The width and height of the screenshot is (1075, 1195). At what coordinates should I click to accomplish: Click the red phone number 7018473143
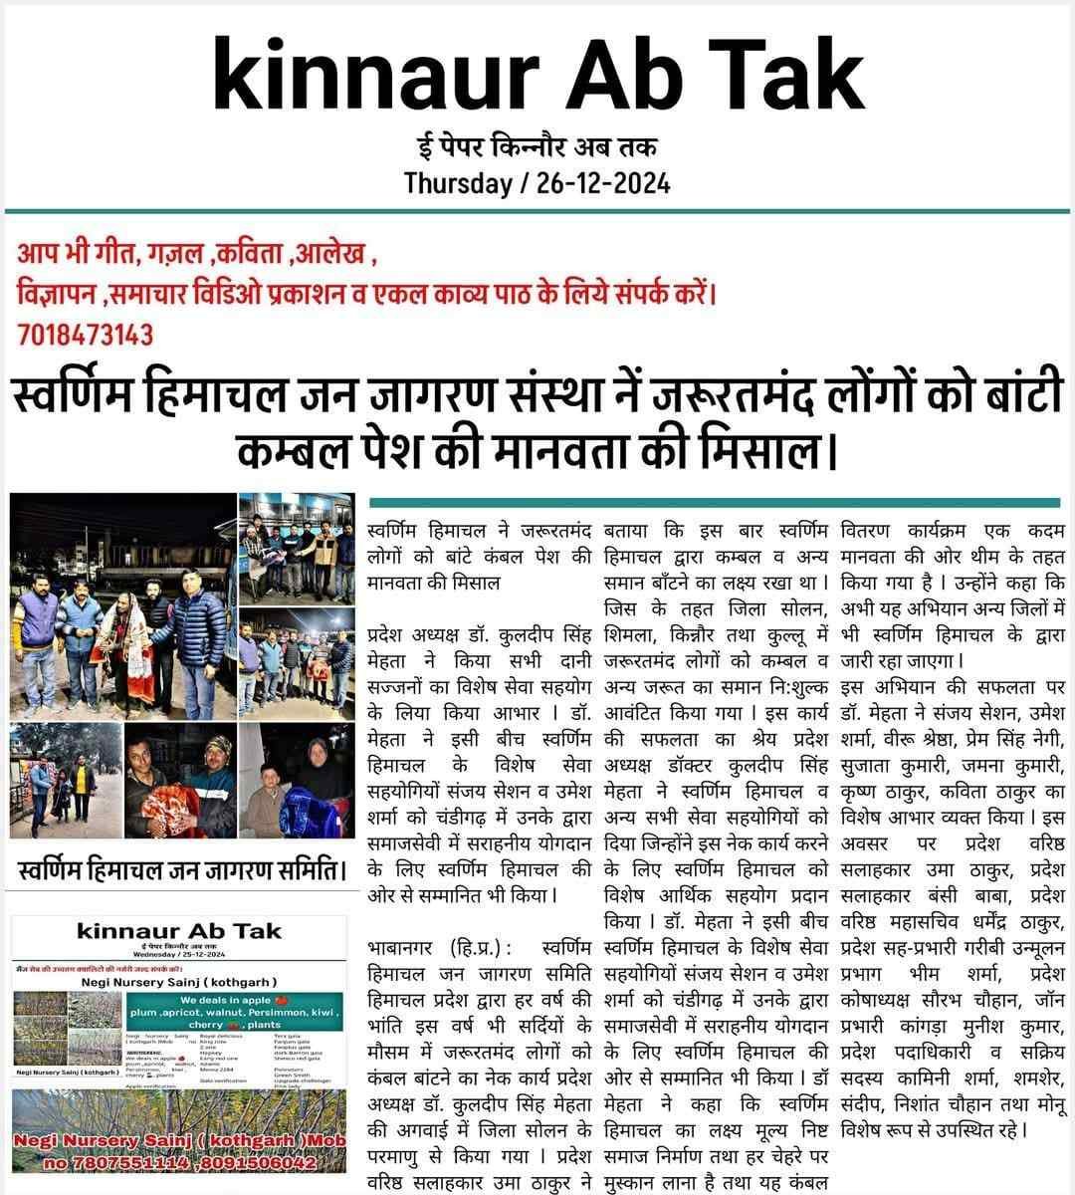click(x=86, y=334)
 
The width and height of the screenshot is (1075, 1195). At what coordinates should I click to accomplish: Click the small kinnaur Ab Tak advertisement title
click(x=179, y=932)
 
